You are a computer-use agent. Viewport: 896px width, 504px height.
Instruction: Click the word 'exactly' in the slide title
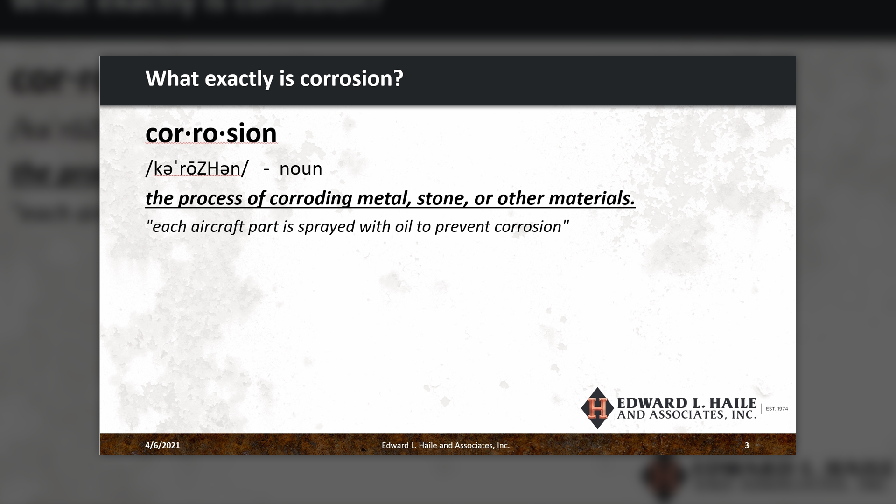tap(239, 79)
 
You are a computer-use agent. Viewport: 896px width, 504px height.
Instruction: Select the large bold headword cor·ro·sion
tap(211, 133)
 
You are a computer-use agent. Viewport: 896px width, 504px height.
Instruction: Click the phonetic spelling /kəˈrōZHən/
tap(197, 168)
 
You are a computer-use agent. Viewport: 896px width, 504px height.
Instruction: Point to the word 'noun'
tap(301, 169)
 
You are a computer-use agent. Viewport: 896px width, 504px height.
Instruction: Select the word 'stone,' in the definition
tap(443, 198)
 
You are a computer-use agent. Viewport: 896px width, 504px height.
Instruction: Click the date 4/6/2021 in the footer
tap(162, 445)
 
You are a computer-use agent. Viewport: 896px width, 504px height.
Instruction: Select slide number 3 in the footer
tap(747, 445)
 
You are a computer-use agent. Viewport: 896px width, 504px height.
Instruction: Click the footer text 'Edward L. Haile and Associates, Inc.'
tap(446, 445)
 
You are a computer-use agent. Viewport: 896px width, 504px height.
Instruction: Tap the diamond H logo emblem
tap(597, 408)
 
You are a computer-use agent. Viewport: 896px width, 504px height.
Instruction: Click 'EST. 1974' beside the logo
tap(777, 409)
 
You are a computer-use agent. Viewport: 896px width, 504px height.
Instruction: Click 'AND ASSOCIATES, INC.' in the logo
tap(686, 415)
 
